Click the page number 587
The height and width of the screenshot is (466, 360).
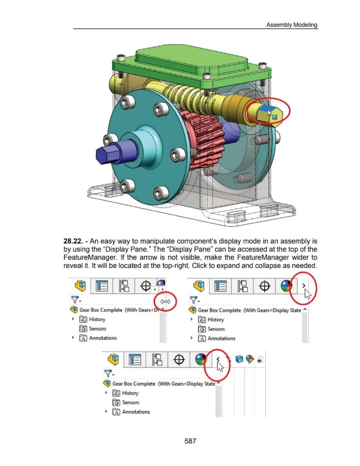click(190, 441)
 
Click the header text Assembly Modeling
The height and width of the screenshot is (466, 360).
click(292, 25)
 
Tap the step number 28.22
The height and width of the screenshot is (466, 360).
click(73, 241)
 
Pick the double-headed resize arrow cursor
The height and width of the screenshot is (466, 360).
click(166, 302)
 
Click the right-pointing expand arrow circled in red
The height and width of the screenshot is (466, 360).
click(304, 285)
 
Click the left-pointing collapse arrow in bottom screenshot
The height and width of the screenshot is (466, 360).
click(218, 359)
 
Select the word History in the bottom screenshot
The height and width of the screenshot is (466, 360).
click(130, 393)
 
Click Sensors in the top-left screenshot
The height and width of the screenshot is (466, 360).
click(98, 329)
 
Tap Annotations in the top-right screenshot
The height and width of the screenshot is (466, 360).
click(221, 338)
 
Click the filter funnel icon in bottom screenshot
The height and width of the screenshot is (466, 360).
click(108, 373)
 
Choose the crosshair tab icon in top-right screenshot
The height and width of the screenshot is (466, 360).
click(264, 286)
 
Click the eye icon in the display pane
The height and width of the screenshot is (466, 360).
click(260, 360)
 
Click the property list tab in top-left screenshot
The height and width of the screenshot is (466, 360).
click(101, 286)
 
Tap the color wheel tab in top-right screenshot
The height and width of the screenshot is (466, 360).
click(286, 286)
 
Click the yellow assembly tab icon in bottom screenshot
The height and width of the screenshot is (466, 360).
click(113, 360)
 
